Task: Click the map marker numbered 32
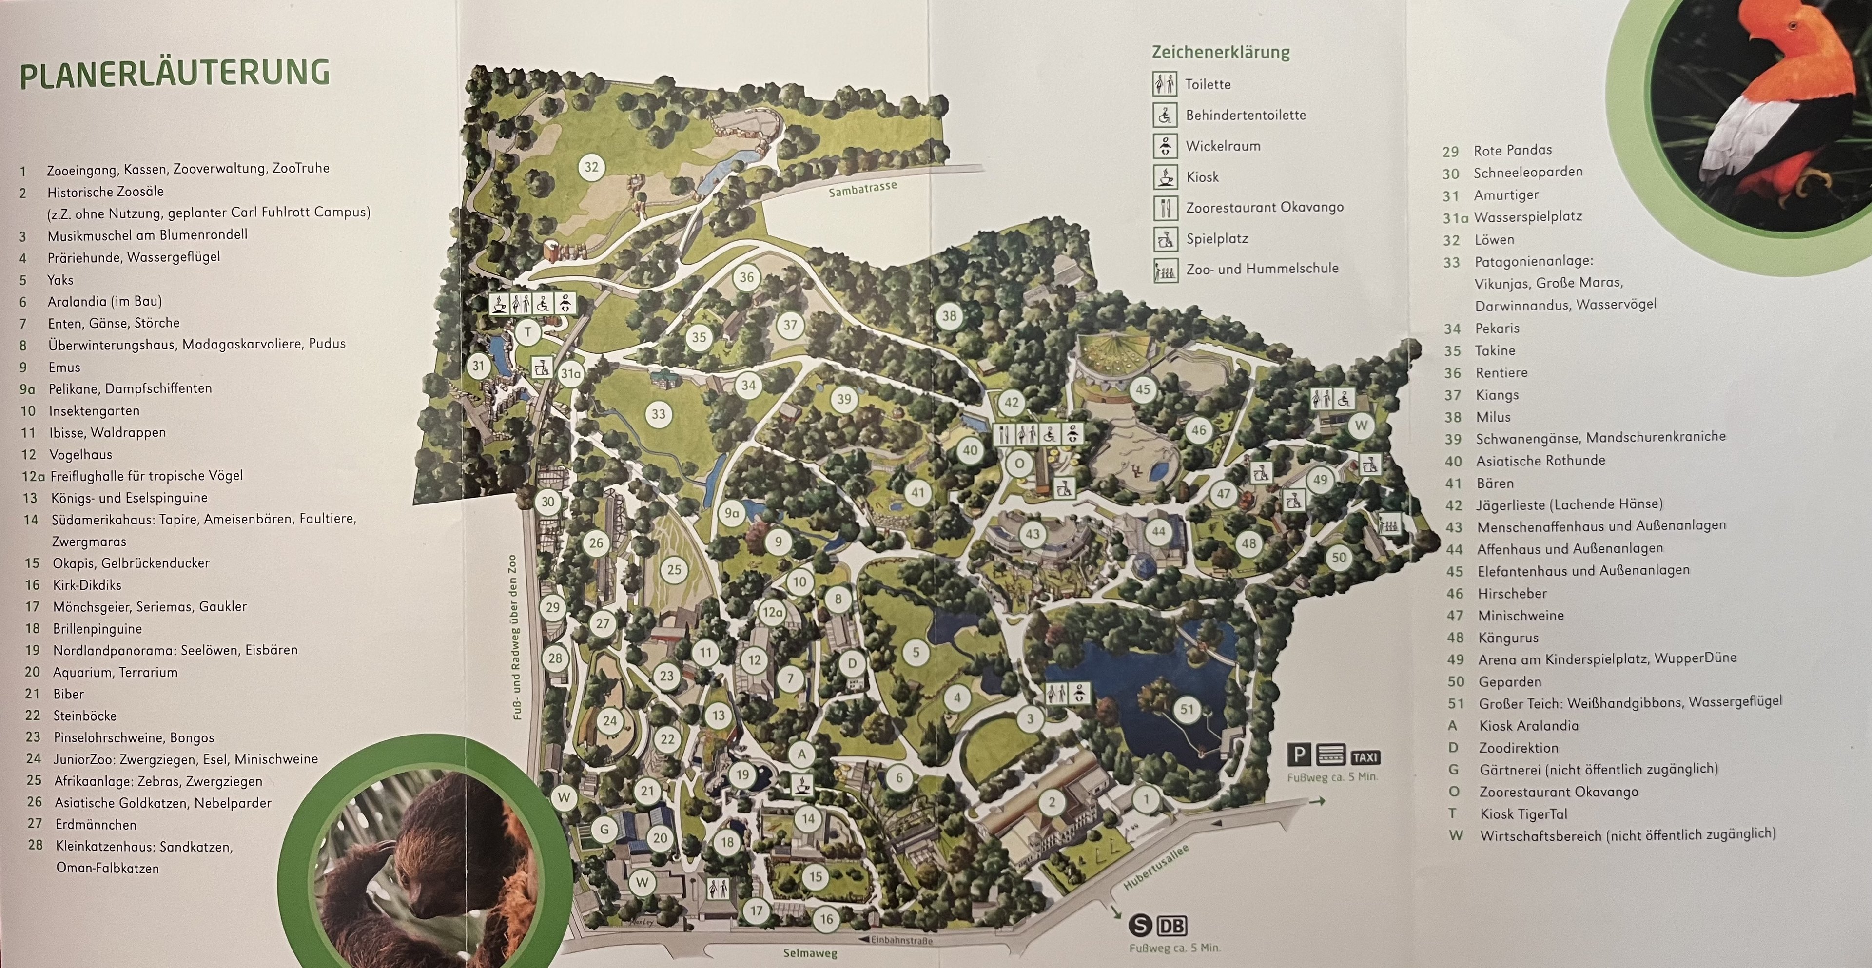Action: (x=591, y=167)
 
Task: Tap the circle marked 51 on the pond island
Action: (x=1187, y=709)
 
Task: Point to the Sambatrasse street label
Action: (x=862, y=188)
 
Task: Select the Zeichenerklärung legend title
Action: (x=1220, y=52)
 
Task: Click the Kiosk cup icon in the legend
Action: (x=1165, y=176)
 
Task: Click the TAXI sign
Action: (x=1365, y=757)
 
